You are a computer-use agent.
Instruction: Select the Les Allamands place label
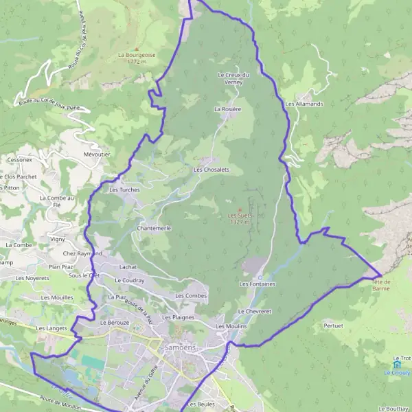[304, 104]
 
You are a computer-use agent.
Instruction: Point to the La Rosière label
[228, 108]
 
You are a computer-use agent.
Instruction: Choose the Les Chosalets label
[211, 169]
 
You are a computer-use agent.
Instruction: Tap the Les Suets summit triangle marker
[240, 209]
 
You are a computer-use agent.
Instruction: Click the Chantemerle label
[154, 227]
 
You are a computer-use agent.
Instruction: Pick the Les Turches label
[124, 190]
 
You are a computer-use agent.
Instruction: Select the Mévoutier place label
[96, 154]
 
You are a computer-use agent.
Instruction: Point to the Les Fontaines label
[257, 283]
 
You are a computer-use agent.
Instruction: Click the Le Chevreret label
[255, 311]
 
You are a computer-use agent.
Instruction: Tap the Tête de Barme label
[381, 285]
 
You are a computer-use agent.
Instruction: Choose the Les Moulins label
[230, 326]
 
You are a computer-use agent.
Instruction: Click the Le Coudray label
[129, 280]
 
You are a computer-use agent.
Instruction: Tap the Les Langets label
[51, 328]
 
